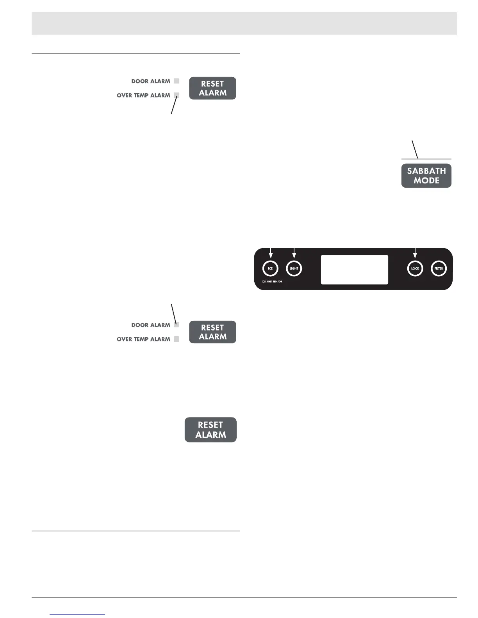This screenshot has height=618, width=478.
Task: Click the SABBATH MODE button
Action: point(426,176)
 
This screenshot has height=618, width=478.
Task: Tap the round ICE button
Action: point(270,268)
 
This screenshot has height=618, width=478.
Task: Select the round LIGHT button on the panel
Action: point(294,268)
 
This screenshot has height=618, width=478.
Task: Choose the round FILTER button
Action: point(439,268)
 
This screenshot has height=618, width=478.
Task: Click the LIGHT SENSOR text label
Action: point(274,282)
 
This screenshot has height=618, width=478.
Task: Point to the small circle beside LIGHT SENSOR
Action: point(264,282)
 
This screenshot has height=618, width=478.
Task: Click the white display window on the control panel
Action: point(354,270)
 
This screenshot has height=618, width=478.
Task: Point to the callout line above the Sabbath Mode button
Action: point(415,149)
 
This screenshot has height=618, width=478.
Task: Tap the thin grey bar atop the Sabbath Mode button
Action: point(426,159)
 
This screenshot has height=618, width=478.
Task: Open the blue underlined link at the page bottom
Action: point(77,614)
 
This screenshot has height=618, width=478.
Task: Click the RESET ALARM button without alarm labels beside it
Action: point(210,430)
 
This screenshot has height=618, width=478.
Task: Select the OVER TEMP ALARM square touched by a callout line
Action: point(177,95)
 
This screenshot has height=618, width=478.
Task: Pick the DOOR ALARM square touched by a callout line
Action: point(177,325)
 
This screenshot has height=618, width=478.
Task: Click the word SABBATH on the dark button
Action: point(426,171)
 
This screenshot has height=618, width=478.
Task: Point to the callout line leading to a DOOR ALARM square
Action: point(174,313)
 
